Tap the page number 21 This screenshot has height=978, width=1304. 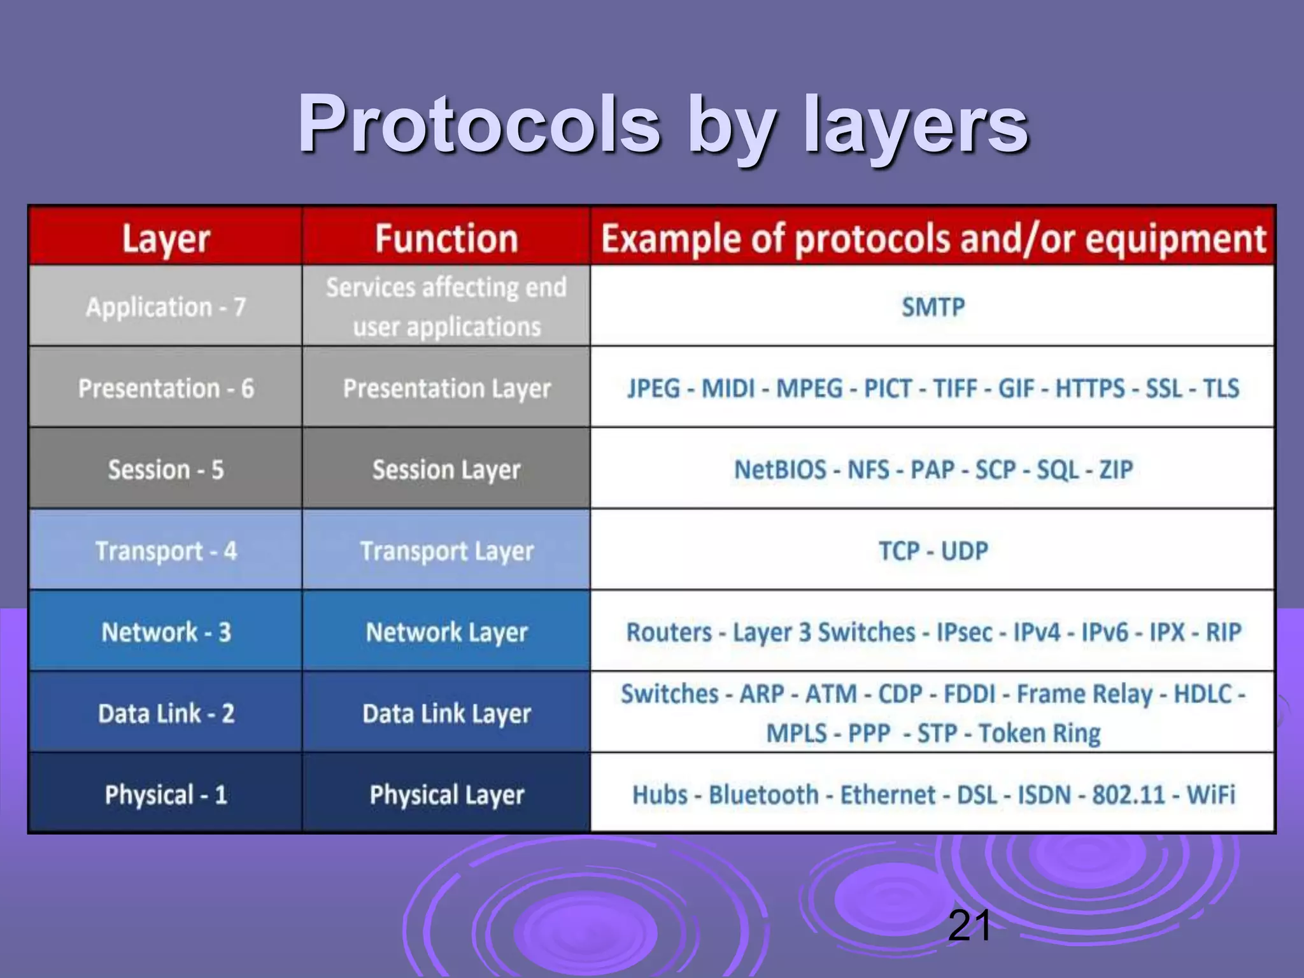[x=969, y=925]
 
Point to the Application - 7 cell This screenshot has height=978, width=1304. [x=166, y=307]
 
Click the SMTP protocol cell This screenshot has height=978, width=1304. [x=933, y=307]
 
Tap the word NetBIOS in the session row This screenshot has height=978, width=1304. [x=780, y=470]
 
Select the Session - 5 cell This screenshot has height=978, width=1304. [x=166, y=470]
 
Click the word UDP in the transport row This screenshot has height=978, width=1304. [x=965, y=551]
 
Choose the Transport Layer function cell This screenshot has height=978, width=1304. [x=446, y=551]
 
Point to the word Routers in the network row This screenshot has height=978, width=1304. [x=669, y=632]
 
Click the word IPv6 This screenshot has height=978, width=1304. [x=1105, y=632]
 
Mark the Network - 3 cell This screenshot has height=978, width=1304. [x=166, y=632]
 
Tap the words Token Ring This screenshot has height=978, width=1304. [x=1039, y=733]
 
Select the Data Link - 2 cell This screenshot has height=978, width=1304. [x=166, y=713]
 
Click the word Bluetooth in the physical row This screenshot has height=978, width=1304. [x=763, y=795]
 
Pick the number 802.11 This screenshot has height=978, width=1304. [x=1128, y=795]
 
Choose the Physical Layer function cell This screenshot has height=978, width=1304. [x=446, y=795]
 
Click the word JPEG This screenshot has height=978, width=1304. [x=654, y=388]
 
